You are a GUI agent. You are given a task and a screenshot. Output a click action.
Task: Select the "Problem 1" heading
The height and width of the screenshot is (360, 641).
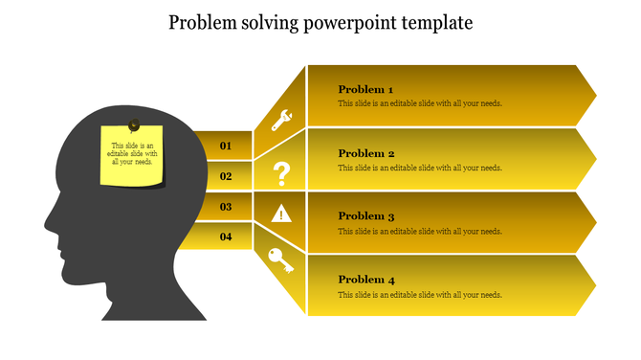[366, 90]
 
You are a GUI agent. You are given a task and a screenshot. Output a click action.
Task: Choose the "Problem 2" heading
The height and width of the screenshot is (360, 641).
[366, 153]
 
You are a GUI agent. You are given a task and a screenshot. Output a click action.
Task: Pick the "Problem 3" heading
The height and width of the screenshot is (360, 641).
[366, 216]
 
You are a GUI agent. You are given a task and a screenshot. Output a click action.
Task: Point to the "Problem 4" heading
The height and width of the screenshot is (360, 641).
[366, 280]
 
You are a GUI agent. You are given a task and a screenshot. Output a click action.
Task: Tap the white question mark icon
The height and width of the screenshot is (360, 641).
[281, 174]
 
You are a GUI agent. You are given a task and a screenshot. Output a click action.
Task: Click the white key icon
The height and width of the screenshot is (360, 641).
[281, 260]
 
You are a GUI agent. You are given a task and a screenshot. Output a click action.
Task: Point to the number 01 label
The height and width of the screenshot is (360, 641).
[227, 146]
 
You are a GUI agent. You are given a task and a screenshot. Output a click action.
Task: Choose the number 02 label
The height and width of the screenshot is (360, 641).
[227, 176]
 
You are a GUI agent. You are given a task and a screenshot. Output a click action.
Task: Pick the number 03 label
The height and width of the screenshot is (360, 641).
[227, 206]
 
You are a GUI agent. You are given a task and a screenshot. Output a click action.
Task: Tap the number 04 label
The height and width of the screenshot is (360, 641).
[227, 236]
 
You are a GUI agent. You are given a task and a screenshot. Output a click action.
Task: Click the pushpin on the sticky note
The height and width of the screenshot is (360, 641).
[133, 124]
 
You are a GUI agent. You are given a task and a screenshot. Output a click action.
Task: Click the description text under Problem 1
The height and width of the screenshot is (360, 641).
[420, 104]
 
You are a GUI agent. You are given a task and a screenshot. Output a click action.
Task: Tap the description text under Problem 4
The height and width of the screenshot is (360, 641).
[420, 295]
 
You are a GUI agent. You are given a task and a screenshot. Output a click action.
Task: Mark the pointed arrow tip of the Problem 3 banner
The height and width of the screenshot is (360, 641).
[594, 222]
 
